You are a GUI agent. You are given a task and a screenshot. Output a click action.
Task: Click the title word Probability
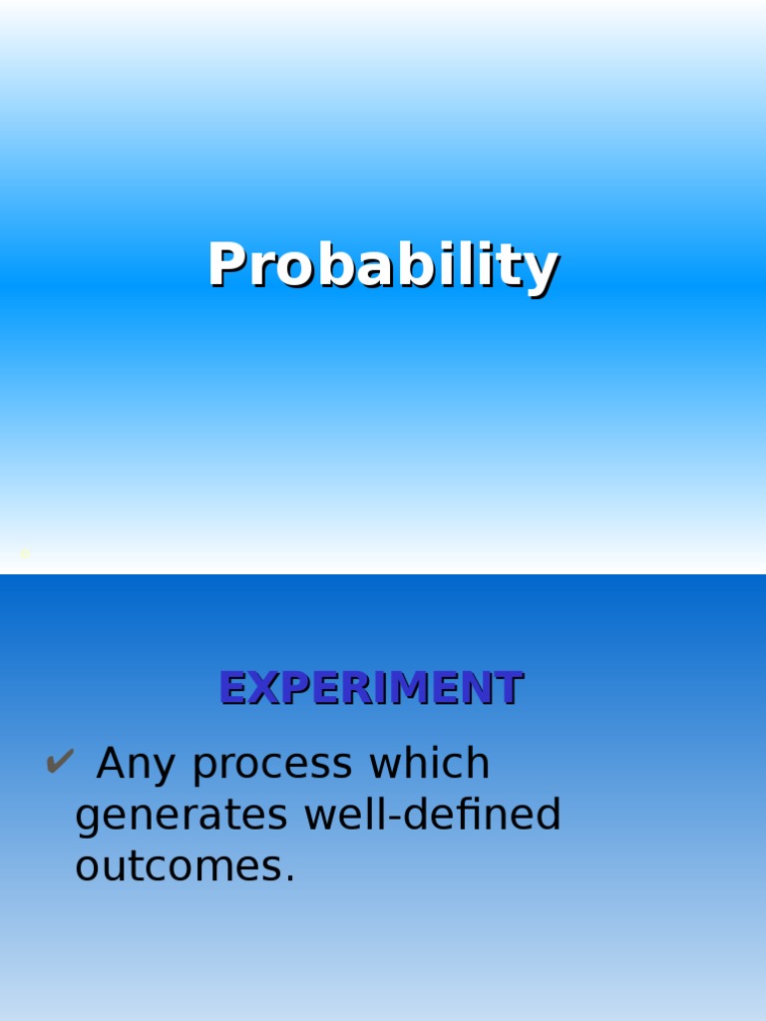[383, 266]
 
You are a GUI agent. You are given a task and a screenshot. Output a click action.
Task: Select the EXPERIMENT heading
[371, 688]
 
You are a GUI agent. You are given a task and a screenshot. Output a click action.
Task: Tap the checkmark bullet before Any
[59, 764]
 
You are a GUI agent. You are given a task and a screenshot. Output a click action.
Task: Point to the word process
[273, 765]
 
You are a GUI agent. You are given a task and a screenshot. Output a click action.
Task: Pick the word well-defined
[433, 815]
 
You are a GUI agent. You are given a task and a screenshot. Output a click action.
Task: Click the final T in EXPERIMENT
[510, 688]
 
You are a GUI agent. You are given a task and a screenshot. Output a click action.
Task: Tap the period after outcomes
[290, 878]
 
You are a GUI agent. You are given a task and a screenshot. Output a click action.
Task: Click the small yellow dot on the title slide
[25, 552]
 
